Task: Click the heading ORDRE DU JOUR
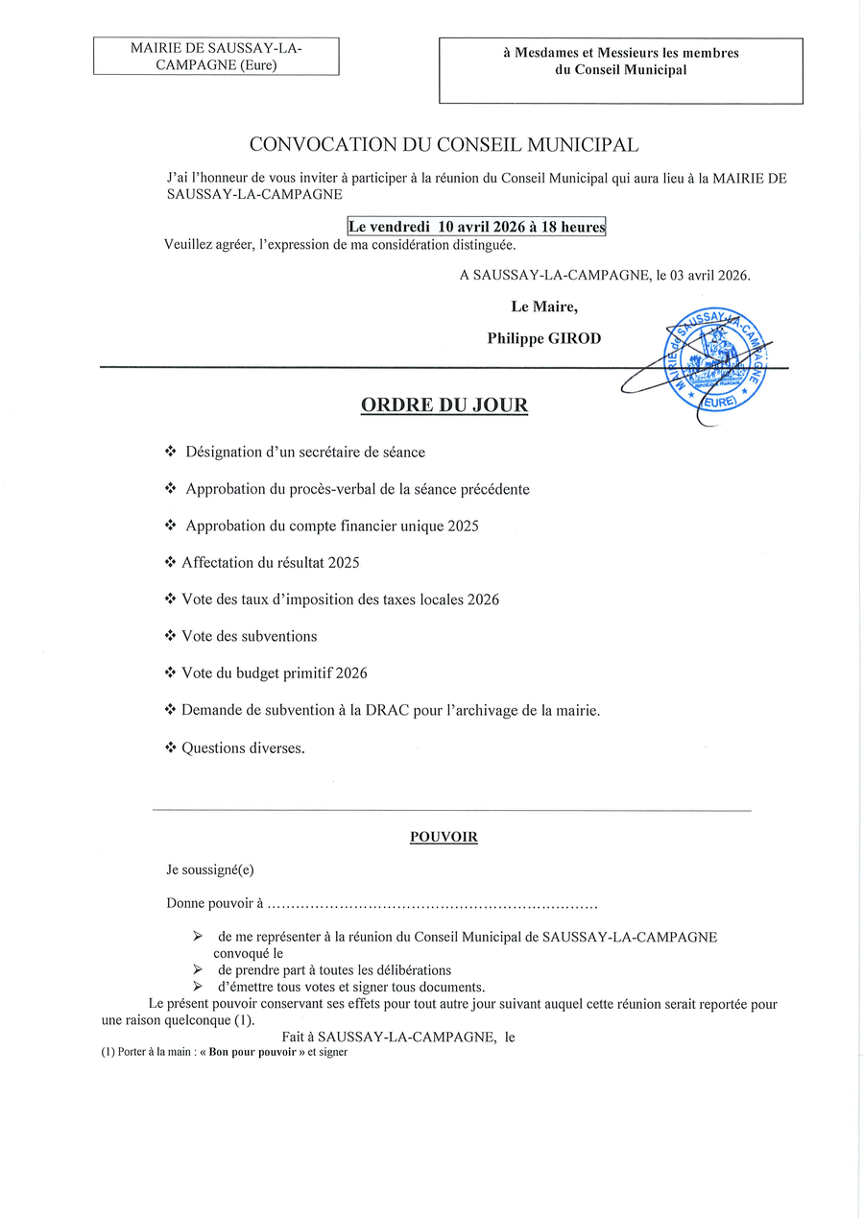pyautogui.click(x=444, y=405)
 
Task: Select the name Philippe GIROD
pyautogui.click(x=543, y=338)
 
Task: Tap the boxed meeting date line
pyautogui.click(x=476, y=227)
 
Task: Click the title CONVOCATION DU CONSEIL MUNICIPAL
pyautogui.click(x=444, y=145)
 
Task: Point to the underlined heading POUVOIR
pyautogui.click(x=444, y=837)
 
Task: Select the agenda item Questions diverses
pyautogui.click(x=243, y=747)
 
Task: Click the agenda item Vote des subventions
pyautogui.click(x=249, y=636)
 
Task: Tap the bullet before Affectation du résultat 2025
pyautogui.click(x=171, y=563)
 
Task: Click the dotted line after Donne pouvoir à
pyautogui.click(x=432, y=904)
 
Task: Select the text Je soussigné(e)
pyautogui.click(x=210, y=870)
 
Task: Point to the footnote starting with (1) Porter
pyautogui.click(x=224, y=1052)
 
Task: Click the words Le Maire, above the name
pyautogui.click(x=544, y=307)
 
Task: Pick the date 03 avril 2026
pyautogui.click(x=710, y=275)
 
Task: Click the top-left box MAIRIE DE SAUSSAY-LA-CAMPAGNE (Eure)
pyautogui.click(x=216, y=56)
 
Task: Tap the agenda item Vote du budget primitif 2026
pyautogui.click(x=274, y=673)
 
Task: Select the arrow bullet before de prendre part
pyautogui.click(x=198, y=970)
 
